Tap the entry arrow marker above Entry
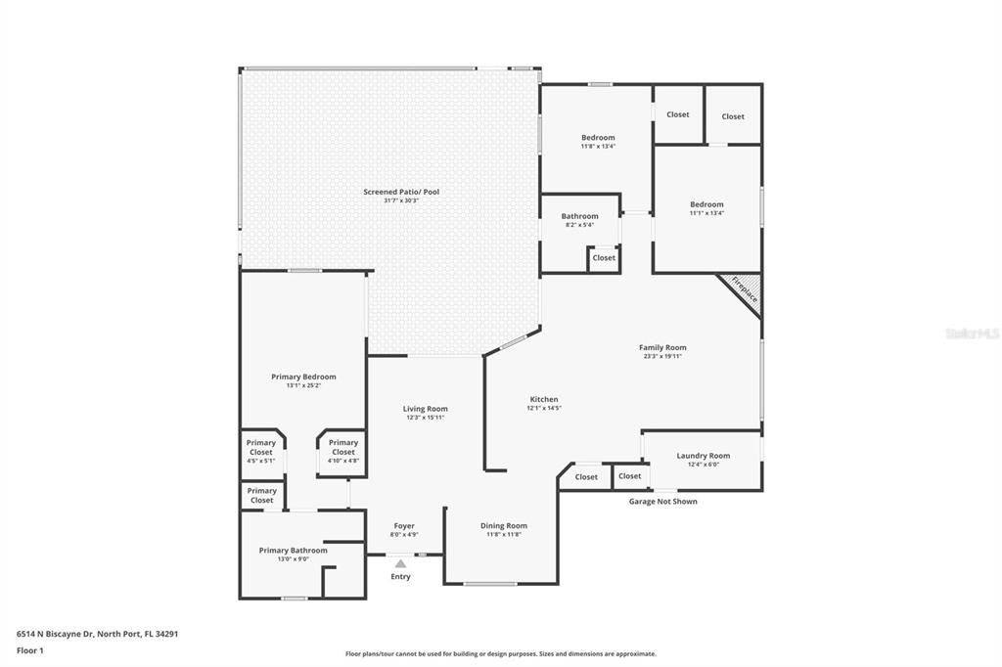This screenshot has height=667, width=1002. pyautogui.click(x=400, y=563)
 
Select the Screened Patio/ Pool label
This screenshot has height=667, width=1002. pyautogui.click(x=401, y=192)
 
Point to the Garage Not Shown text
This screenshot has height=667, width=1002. pyautogui.click(x=662, y=501)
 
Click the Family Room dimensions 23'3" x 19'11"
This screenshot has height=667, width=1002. pyautogui.click(x=662, y=356)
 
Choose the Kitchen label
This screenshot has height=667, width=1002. pyautogui.click(x=544, y=399)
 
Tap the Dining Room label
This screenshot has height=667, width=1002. pyautogui.click(x=504, y=526)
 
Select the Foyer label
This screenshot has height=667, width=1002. pyautogui.click(x=404, y=526)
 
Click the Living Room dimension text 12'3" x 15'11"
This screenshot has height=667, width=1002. pyautogui.click(x=425, y=418)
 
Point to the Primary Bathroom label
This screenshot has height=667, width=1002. pyautogui.click(x=293, y=551)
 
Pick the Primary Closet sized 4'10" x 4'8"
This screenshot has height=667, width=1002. pyautogui.click(x=342, y=448)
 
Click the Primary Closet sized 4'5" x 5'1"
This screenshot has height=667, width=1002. pyautogui.click(x=261, y=448)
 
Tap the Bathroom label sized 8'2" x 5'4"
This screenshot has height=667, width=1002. pyautogui.click(x=579, y=216)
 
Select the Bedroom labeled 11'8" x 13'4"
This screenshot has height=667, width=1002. pyautogui.click(x=598, y=138)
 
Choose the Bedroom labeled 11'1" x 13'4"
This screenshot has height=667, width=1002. pyautogui.click(x=706, y=204)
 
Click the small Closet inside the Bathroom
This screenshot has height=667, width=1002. pyautogui.click(x=604, y=258)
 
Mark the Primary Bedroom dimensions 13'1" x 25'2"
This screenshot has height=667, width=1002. pyautogui.click(x=303, y=385)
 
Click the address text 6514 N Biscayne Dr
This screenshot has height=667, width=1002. pyautogui.click(x=55, y=634)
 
